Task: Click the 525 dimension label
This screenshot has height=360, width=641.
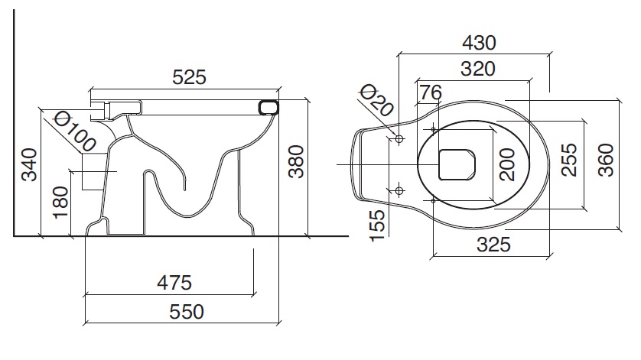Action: tap(190, 77)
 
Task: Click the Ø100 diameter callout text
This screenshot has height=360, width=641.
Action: tap(75, 131)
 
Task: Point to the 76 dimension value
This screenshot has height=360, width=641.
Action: tap(430, 92)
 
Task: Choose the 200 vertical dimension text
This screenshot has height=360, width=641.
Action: tap(506, 164)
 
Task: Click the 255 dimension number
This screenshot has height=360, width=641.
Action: tap(570, 160)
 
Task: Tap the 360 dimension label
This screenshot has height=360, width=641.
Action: tap(606, 160)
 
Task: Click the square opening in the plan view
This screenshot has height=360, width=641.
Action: tap(457, 164)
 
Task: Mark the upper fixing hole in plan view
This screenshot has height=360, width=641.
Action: tap(399, 138)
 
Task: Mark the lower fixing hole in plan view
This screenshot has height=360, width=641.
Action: tap(399, 190)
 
